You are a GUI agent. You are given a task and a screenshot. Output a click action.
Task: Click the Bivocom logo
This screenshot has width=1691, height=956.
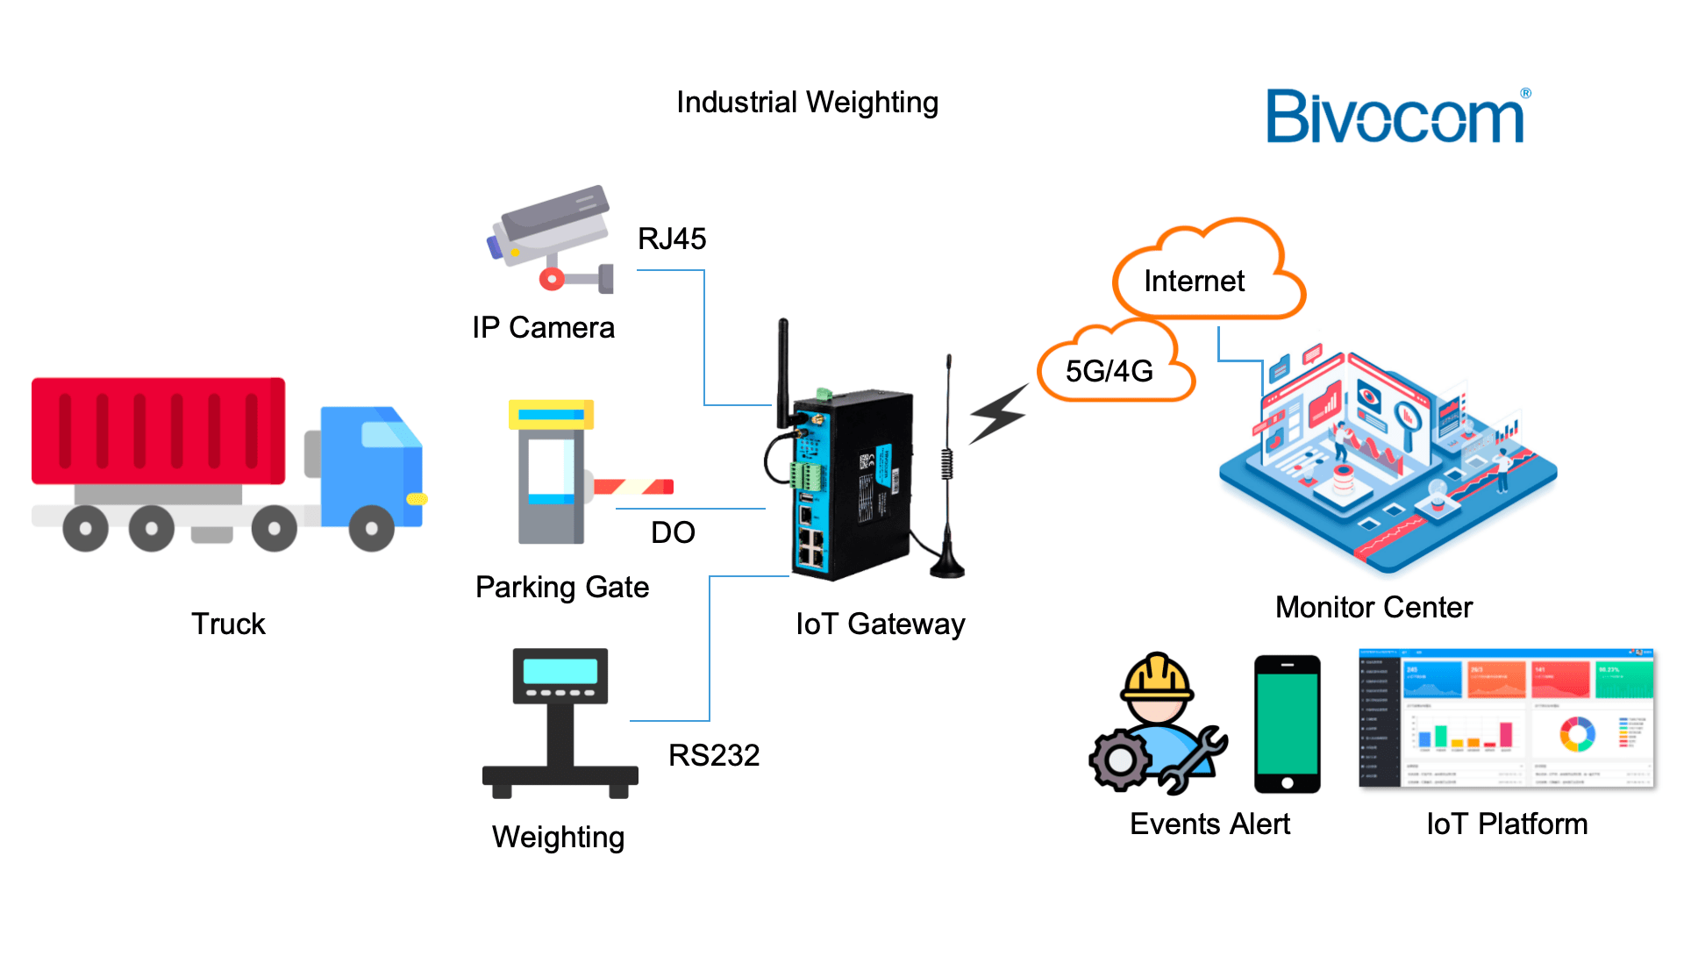pyautogui.click(x=1397, y=117)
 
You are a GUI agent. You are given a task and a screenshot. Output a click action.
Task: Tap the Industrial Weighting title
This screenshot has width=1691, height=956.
pyautogui.click(x=807, y=103)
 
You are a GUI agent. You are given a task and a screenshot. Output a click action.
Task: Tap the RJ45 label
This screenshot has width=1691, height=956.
pyautogui.click(x=672, y=239)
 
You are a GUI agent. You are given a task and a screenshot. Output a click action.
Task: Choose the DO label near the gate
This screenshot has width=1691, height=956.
pyautogui.click(x=673, y=532)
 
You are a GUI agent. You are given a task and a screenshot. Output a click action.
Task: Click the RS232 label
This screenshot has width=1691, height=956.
pyautogui.click(x=714, y=755)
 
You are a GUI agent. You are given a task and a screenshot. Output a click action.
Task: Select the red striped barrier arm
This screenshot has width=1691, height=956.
pyautogui.click(x=633, y=486)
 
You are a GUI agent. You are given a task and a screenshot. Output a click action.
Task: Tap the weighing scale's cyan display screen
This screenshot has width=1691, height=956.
pyautogui.click(x=560, y=672)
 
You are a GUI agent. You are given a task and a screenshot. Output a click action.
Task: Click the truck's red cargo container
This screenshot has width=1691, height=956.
pyautogui.click(x=159, y=431)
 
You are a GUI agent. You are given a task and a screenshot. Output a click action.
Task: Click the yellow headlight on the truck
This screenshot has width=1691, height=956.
pyautogui.click(x=417, y=499)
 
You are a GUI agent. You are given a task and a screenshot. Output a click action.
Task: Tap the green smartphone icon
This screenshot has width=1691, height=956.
pyautogui.click(x=1287, y=724)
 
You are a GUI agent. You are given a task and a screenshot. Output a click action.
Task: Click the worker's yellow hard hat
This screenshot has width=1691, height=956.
pyautogui.click(x=1158, y=676)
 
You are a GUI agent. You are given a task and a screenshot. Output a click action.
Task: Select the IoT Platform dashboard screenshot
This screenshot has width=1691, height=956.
pyautogui.click(x=1506, y=719)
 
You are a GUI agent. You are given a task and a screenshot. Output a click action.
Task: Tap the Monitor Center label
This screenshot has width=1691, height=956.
pyautogui.click(x=1373, y=607)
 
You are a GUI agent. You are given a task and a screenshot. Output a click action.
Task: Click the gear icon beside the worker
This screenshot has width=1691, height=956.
pyautogui.click(x=1120, y=760)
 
